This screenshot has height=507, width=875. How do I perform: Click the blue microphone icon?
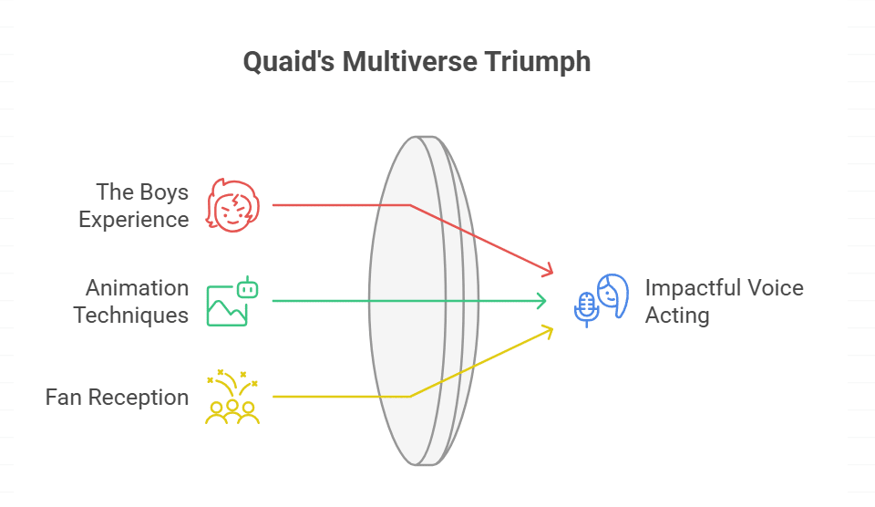(585, 308)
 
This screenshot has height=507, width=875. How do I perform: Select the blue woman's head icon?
(613, 295)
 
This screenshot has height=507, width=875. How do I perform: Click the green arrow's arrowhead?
(542, 301)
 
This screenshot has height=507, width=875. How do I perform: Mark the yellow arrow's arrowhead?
(548, 330)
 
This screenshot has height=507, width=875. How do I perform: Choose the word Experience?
(134, 220)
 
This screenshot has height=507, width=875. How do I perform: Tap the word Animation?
(138, 288)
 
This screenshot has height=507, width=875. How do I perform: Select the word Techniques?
(131, 316)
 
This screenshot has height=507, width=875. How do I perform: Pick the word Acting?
(677, 316)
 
